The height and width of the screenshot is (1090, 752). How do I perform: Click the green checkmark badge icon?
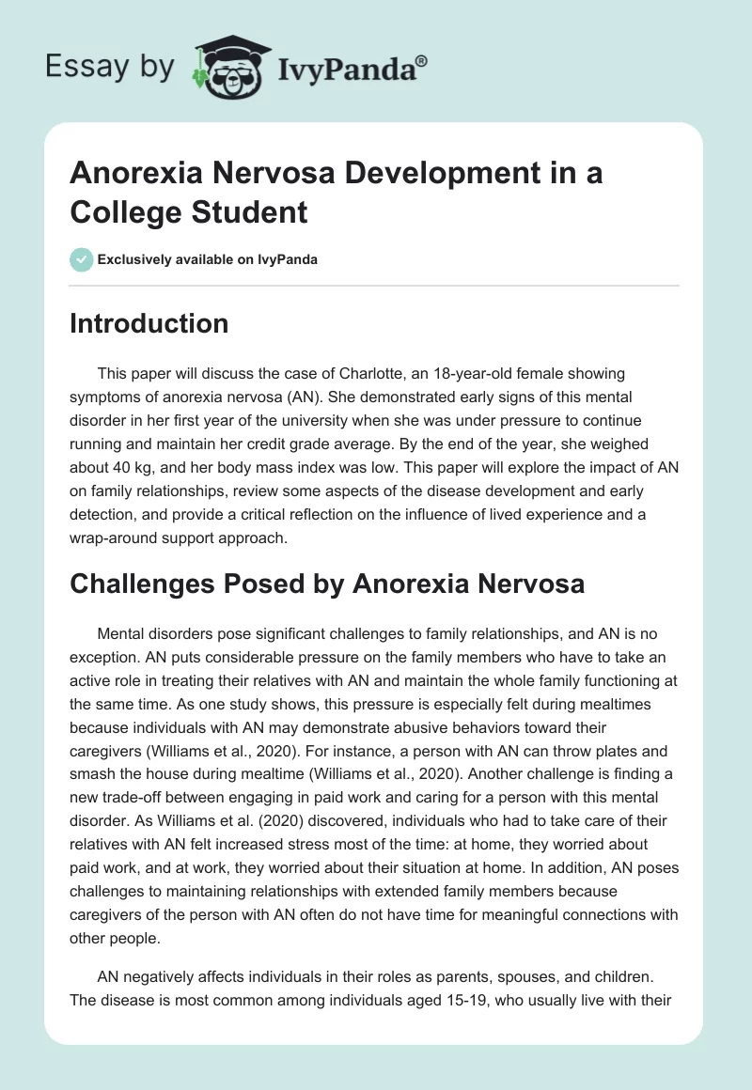(x=81, y=259)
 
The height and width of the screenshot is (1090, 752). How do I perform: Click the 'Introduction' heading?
(x=149, y=323)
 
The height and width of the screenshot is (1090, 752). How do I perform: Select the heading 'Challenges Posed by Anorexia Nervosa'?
(x=327, y=584)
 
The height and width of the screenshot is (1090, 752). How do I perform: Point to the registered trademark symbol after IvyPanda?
(x=422, y=59)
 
